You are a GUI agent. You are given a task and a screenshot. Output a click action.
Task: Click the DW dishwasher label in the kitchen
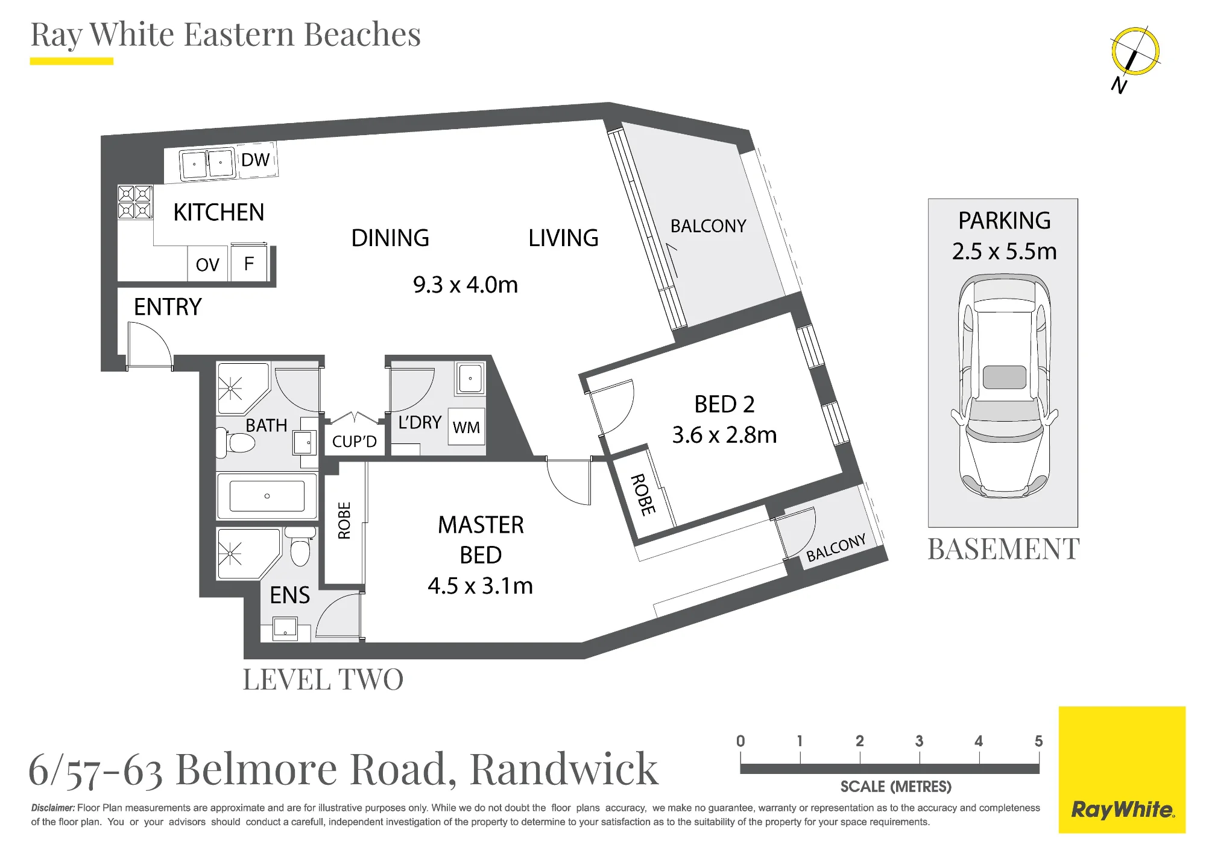tap(256, 160)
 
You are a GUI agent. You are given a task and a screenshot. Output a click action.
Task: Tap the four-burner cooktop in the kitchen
tap(135, 201)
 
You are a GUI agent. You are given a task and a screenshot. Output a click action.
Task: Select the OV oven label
tap(207, 265)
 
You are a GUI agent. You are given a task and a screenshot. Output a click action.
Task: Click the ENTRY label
tap(168, 307)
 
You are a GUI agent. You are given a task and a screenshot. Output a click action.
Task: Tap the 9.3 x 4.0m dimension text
tap(466, 285)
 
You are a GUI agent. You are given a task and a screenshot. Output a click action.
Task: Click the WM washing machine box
tap(467, 426)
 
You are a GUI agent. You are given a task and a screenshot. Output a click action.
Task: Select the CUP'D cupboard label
tap(355, 442)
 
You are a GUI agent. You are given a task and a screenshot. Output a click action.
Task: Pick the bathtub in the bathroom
tap(267, 496)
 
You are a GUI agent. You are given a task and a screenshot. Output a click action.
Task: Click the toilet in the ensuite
tap(300, 547)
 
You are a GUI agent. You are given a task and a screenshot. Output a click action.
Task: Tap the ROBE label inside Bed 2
tap(643, 495)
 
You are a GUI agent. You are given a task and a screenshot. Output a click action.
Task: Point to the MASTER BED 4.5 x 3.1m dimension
tap(481, 586)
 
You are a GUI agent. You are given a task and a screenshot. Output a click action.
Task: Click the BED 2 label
tap(724, 404)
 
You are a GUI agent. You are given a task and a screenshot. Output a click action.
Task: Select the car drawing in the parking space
tap(1005, 386)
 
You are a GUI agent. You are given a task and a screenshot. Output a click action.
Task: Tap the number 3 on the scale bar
tap(919, 741)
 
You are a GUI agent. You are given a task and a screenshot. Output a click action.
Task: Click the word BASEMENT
tap(1003, 549)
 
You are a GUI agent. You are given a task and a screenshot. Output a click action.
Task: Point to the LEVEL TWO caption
tap(323, 679)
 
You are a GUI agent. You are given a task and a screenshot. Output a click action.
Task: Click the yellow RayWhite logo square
tap(1122, 770)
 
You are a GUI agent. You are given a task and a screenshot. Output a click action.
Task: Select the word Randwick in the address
tap(564, 769)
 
